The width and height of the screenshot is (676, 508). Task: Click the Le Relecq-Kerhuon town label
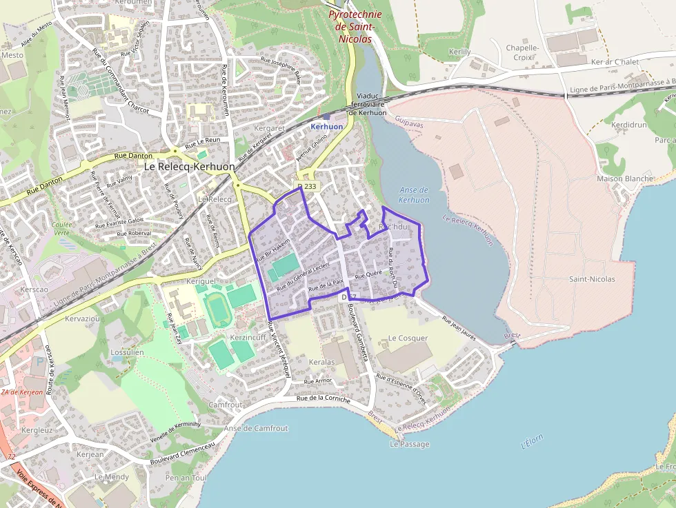[x=189, y=167]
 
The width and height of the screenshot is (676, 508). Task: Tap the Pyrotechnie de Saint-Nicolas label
[x=352, y=26]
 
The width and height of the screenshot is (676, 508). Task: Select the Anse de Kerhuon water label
[x=414, y=195]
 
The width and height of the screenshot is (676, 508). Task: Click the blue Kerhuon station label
[x=326, y=127]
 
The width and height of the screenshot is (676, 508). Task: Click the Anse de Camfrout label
[x=256, y=428]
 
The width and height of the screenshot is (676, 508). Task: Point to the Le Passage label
[x=410, y=445]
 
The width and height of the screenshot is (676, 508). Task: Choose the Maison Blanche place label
[x=625, y=179]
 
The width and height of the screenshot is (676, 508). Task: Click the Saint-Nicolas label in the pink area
[x=591, y=279]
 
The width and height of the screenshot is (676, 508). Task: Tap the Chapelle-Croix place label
[x=522, y=52]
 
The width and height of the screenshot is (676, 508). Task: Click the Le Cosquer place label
[x=408, y=338]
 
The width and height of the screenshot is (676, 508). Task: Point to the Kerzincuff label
[x=248, y=338]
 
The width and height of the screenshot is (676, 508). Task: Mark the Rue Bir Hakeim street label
[x=272, y=250]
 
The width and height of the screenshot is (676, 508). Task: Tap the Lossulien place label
[x=127, y=352]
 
